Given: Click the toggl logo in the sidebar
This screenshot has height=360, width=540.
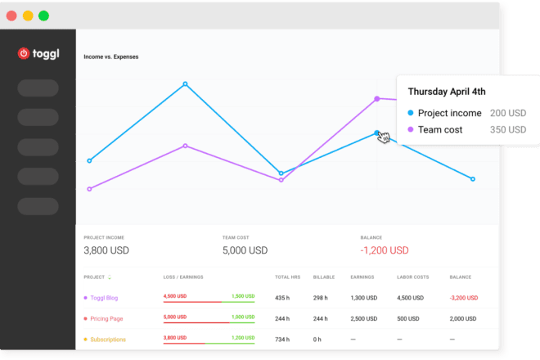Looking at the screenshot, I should click(38, 53).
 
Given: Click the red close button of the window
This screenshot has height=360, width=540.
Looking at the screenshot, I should click(11, 16).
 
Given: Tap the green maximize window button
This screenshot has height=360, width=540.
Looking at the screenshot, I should click(43, 16).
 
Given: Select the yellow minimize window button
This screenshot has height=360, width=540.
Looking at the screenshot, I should click(27, 16).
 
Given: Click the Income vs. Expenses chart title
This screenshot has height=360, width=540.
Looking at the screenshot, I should click(111, 57).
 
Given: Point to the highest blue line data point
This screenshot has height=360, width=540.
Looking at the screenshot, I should click(185, 83).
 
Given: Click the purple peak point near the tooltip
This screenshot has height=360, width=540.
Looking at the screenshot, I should click(377, 98).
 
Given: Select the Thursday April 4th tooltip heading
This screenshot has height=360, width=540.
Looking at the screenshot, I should click(446, 92).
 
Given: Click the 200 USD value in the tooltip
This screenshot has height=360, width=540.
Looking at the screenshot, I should click(507, 113).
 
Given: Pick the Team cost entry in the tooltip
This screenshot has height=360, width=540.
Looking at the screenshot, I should click(439, 129).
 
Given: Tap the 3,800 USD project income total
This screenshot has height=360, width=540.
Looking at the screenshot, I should click(106, 250).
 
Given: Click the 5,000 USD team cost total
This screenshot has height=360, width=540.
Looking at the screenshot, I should click(245, 250).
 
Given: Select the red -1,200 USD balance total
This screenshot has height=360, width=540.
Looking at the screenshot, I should click(386, 250).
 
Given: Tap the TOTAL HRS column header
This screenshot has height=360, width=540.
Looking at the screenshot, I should click(287, 277).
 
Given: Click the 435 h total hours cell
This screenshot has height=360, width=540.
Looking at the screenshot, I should click(283, 297).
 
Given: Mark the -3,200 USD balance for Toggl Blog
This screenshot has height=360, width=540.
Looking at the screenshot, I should click(464, 297).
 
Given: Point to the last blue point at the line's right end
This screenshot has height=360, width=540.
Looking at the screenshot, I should click(472, 178).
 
